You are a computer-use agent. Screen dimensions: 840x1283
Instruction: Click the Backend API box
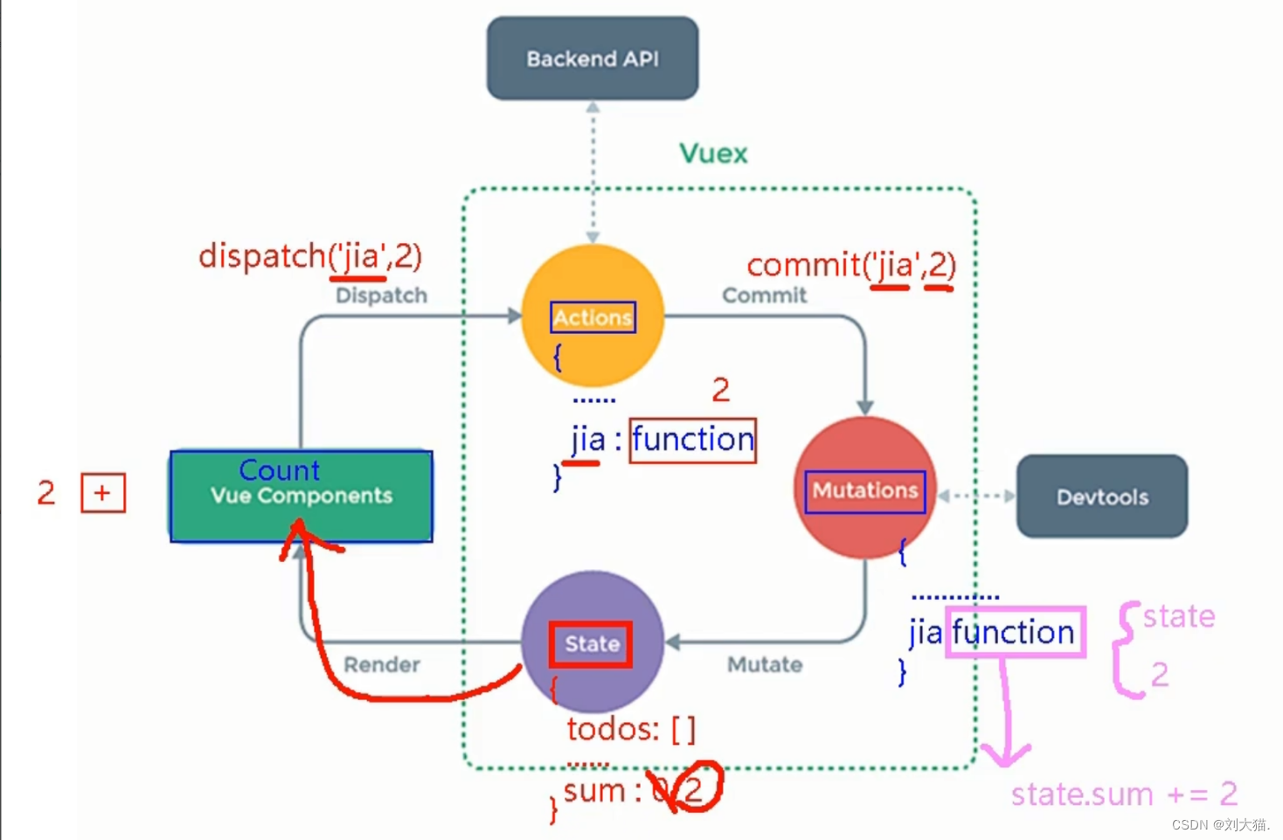point(593,59)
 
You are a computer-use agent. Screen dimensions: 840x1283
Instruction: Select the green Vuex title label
point(713,154)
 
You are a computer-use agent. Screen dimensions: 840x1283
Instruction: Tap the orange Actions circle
point(593,316)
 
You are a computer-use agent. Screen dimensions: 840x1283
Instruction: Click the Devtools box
point(1102,496)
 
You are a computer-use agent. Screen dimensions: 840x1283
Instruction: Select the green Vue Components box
point(302,496)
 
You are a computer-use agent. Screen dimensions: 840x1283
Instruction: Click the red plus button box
point(103,493)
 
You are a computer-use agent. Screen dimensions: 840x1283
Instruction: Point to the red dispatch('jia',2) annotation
point(310,257)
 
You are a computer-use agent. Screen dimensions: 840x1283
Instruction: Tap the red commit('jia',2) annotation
point(851,265)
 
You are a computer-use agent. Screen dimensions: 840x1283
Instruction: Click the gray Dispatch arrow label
point(381,295)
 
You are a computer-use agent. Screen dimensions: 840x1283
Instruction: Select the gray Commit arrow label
point(764,295)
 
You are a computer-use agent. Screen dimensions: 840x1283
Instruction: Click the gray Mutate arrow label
point(765,665)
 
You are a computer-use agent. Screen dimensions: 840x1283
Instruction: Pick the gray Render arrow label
point(382,665)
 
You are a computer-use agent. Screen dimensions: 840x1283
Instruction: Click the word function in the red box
point(693,440)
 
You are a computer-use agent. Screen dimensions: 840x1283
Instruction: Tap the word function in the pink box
point(1014,632)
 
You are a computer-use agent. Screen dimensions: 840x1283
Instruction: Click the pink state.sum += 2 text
point(1124,795)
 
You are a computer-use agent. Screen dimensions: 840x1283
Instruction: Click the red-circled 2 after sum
point(694,789)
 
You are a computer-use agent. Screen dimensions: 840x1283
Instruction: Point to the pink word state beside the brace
point(1179,616)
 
